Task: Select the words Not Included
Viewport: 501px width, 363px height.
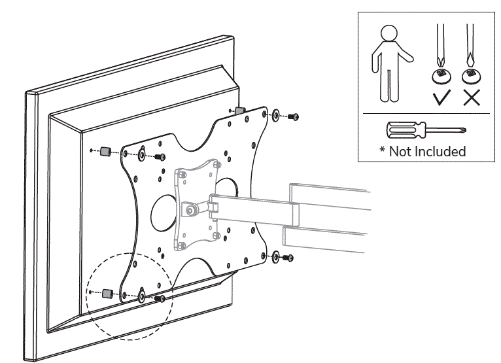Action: click(428, 151)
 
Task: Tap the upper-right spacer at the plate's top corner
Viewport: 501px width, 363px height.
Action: click(239, 110)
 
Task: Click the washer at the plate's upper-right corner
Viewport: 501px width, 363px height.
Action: click(275, 116)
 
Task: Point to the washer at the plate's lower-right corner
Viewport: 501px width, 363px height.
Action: click(275, 256)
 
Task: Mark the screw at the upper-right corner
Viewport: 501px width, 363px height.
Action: click(293, 117)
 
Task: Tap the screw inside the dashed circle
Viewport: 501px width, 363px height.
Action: click(159, 298)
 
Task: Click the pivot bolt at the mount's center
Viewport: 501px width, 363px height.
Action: click(190, 211)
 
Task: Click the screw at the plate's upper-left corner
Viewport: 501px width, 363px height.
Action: click(159, 157)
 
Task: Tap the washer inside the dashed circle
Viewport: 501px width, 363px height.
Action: click(142, 296)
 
